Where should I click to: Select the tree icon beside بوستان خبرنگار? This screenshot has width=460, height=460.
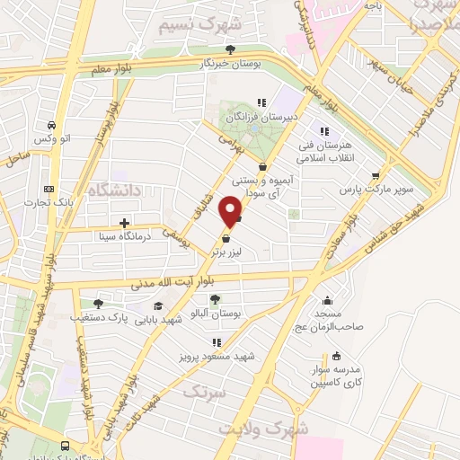231,49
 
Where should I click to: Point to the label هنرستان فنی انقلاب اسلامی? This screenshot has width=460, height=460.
331,151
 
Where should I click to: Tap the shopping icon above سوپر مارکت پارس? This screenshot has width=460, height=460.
376,175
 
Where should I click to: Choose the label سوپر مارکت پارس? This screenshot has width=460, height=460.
376,190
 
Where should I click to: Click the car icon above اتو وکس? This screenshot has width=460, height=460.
53,124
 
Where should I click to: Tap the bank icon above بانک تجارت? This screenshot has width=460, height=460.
49,188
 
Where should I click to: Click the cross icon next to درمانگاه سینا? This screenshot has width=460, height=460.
124,222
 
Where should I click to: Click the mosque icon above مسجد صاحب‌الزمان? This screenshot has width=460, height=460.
326,302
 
